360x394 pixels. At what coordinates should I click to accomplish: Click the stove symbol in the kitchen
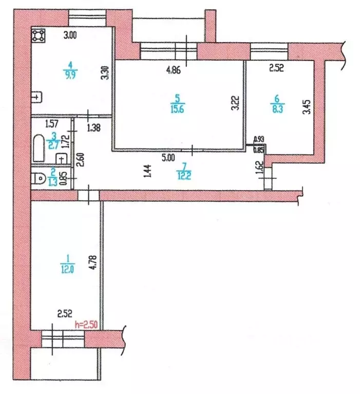click(39, 35)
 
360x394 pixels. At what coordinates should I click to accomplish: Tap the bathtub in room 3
click(39, 147)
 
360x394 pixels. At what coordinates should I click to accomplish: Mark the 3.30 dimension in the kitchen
click(104, 71)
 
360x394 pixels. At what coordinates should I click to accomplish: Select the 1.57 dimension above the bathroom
click(51, 123)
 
